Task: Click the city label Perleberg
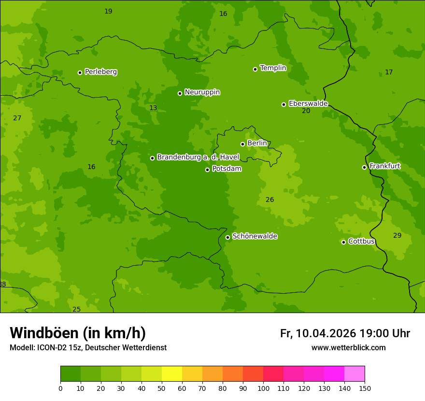[x=100, y=72]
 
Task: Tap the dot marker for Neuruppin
[x=180, y=93]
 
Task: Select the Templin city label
[x=273, y=68]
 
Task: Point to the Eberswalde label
[x=308, y=103]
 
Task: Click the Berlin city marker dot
[x=242, y=144]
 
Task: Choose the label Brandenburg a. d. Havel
[x=198, y=157]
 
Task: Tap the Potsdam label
[x=227, y=169]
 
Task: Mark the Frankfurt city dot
[x=364, y=167]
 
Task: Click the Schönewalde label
[x=255, y=236]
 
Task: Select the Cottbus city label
[x=361, y=241]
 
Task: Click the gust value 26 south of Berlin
[x=269, y=200]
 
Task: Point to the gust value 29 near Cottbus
[x=397, y=235]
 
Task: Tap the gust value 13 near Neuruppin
[x=153, y=108]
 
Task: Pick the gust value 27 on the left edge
[x=17, y=118]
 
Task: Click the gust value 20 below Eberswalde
[x=306, y=111]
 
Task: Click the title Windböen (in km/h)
[x=78, y=333]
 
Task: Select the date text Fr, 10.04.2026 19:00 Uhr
[x=345, y=333]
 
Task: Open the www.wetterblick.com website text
[x=348, y=347]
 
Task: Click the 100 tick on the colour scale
[x=263, y=388]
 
